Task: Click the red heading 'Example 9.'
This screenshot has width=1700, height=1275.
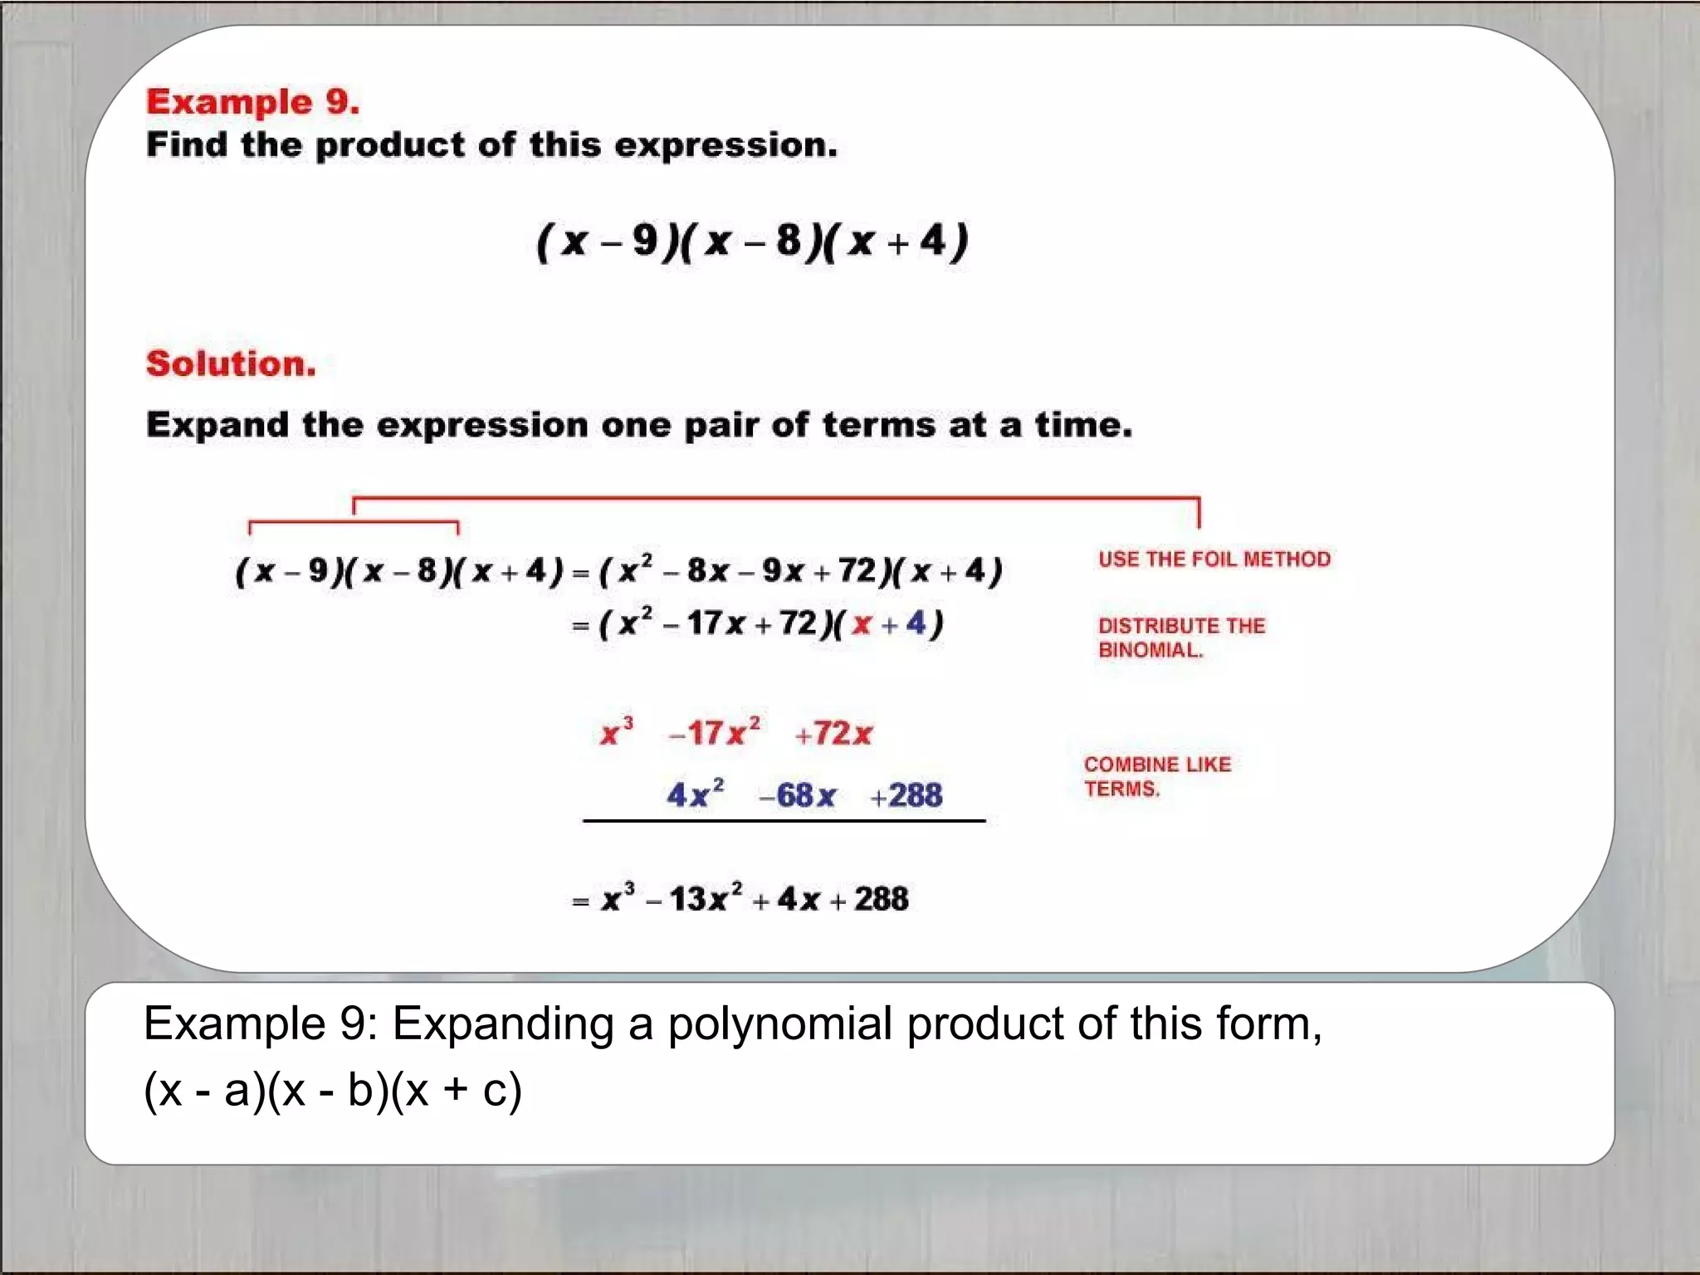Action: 253,102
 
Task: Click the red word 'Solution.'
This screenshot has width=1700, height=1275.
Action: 231,364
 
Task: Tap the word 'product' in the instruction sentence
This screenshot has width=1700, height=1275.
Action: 389,145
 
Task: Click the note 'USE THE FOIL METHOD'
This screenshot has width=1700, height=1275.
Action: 1214,559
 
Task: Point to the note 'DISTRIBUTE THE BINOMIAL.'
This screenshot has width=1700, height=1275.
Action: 1181,637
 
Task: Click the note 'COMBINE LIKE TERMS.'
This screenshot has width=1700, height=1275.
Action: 1157,776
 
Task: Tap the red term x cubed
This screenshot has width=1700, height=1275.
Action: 616,733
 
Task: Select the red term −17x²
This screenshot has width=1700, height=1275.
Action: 714,733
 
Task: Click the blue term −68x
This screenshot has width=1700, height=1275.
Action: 798,795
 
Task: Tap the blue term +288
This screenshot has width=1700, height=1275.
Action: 906,795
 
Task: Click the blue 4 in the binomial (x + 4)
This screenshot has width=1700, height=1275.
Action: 916,623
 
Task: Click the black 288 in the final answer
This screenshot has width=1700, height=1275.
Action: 881,899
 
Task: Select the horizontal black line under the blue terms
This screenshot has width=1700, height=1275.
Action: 784,821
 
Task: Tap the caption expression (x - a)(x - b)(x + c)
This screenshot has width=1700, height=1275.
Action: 333,1089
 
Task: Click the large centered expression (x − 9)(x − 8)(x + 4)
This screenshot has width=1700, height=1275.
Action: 752,242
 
